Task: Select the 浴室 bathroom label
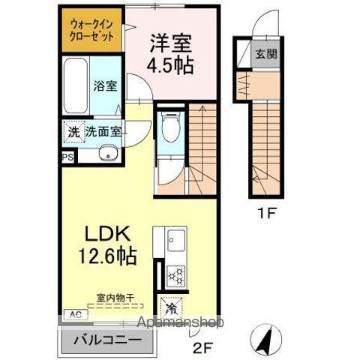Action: pyautogui.click(x=104, y=86)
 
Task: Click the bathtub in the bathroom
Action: pyautogui.click(x=76, y=88)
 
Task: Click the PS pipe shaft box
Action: pyautogui.click(x=67, y=157)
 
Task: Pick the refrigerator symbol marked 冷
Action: pyautogui.click(x=171, y=306)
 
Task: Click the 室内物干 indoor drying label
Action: pyautogui.click(x=115, y=298)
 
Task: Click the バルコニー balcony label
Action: pyautogui.click(x=107, y=340)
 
